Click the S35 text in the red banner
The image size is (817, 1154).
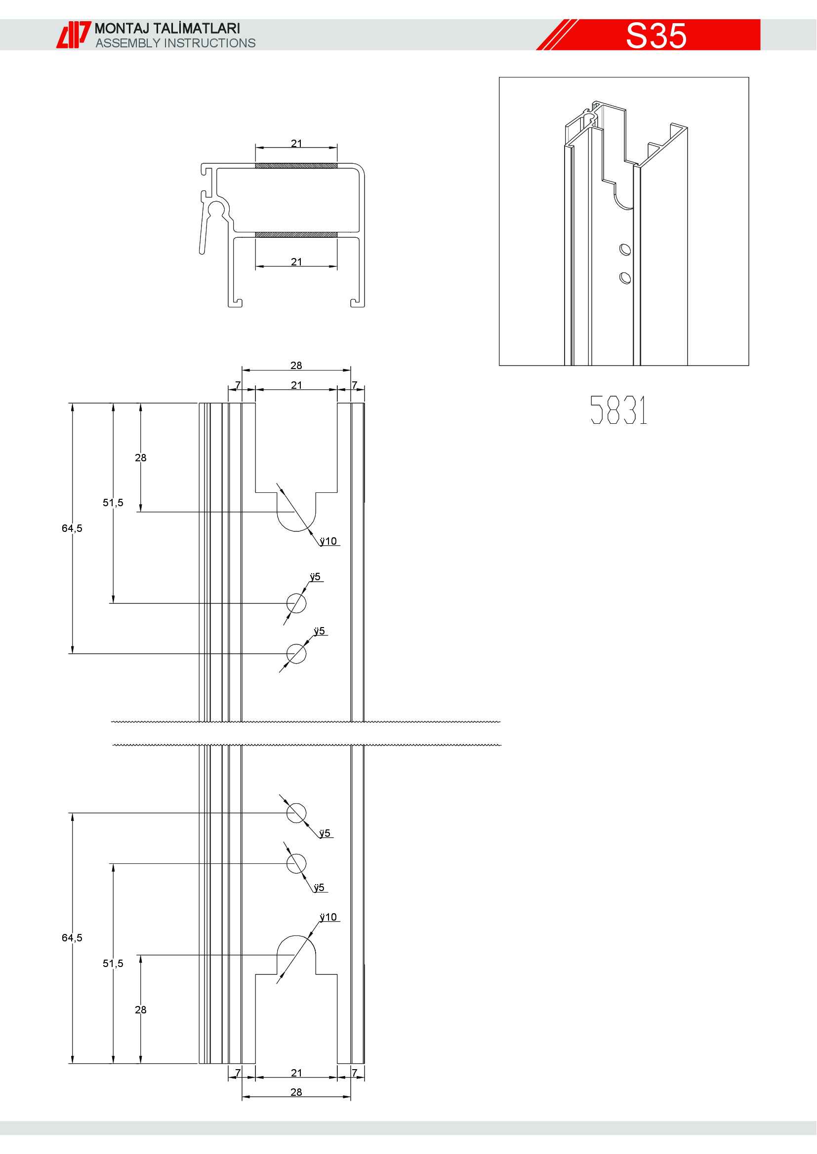(x=656, y=36)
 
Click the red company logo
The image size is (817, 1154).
(x=73, y=35)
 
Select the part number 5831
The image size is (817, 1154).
(x=618, y=410)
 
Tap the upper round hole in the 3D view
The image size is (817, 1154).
(x=625, y=249)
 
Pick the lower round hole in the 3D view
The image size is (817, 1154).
(x=625, y=277)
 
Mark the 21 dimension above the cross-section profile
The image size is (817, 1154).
(x=296, y=143)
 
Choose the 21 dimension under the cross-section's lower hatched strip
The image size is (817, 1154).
(x=296, y=262)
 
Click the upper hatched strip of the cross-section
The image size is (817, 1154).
(x=296, y=166)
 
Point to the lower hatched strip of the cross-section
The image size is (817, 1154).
(x=296, y=235)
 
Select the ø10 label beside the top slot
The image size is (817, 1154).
(x=328, y=541)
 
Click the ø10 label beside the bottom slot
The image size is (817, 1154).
(x=328, y=917)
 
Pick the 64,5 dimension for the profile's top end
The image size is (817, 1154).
(x=72, y=528)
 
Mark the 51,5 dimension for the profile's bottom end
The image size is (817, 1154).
(x=113, y=964)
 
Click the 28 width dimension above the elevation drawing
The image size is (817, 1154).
(x=296, y=366)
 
